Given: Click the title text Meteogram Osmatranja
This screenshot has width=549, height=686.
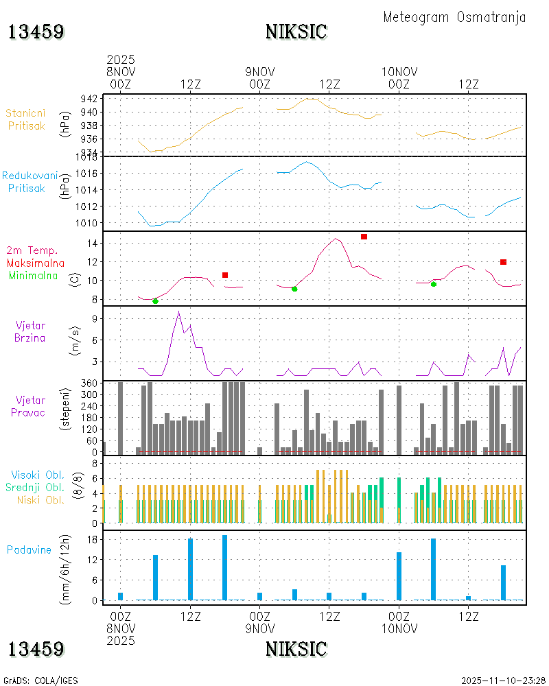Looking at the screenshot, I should (x=454, y=17).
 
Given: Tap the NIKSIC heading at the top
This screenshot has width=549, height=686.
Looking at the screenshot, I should (x=296, y=32).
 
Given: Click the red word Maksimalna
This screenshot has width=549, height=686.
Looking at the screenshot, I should (x=36, y=263).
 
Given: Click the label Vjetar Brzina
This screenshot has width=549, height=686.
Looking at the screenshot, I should (x=30, y=331).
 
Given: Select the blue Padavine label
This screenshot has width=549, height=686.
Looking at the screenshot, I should (x=29, y=549).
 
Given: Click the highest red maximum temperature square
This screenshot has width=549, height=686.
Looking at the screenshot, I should (x=364, y=237).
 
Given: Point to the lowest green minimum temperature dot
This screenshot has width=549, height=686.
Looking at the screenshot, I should (x=155, y=301).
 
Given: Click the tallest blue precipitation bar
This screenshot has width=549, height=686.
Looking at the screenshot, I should (x=224, y=567).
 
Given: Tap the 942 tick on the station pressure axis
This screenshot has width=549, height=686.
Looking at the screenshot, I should (x=89, y=99).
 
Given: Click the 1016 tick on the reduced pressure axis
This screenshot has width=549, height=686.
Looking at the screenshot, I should (x=86, y=173).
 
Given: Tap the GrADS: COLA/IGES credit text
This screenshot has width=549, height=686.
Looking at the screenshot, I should (x=41, y=681).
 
